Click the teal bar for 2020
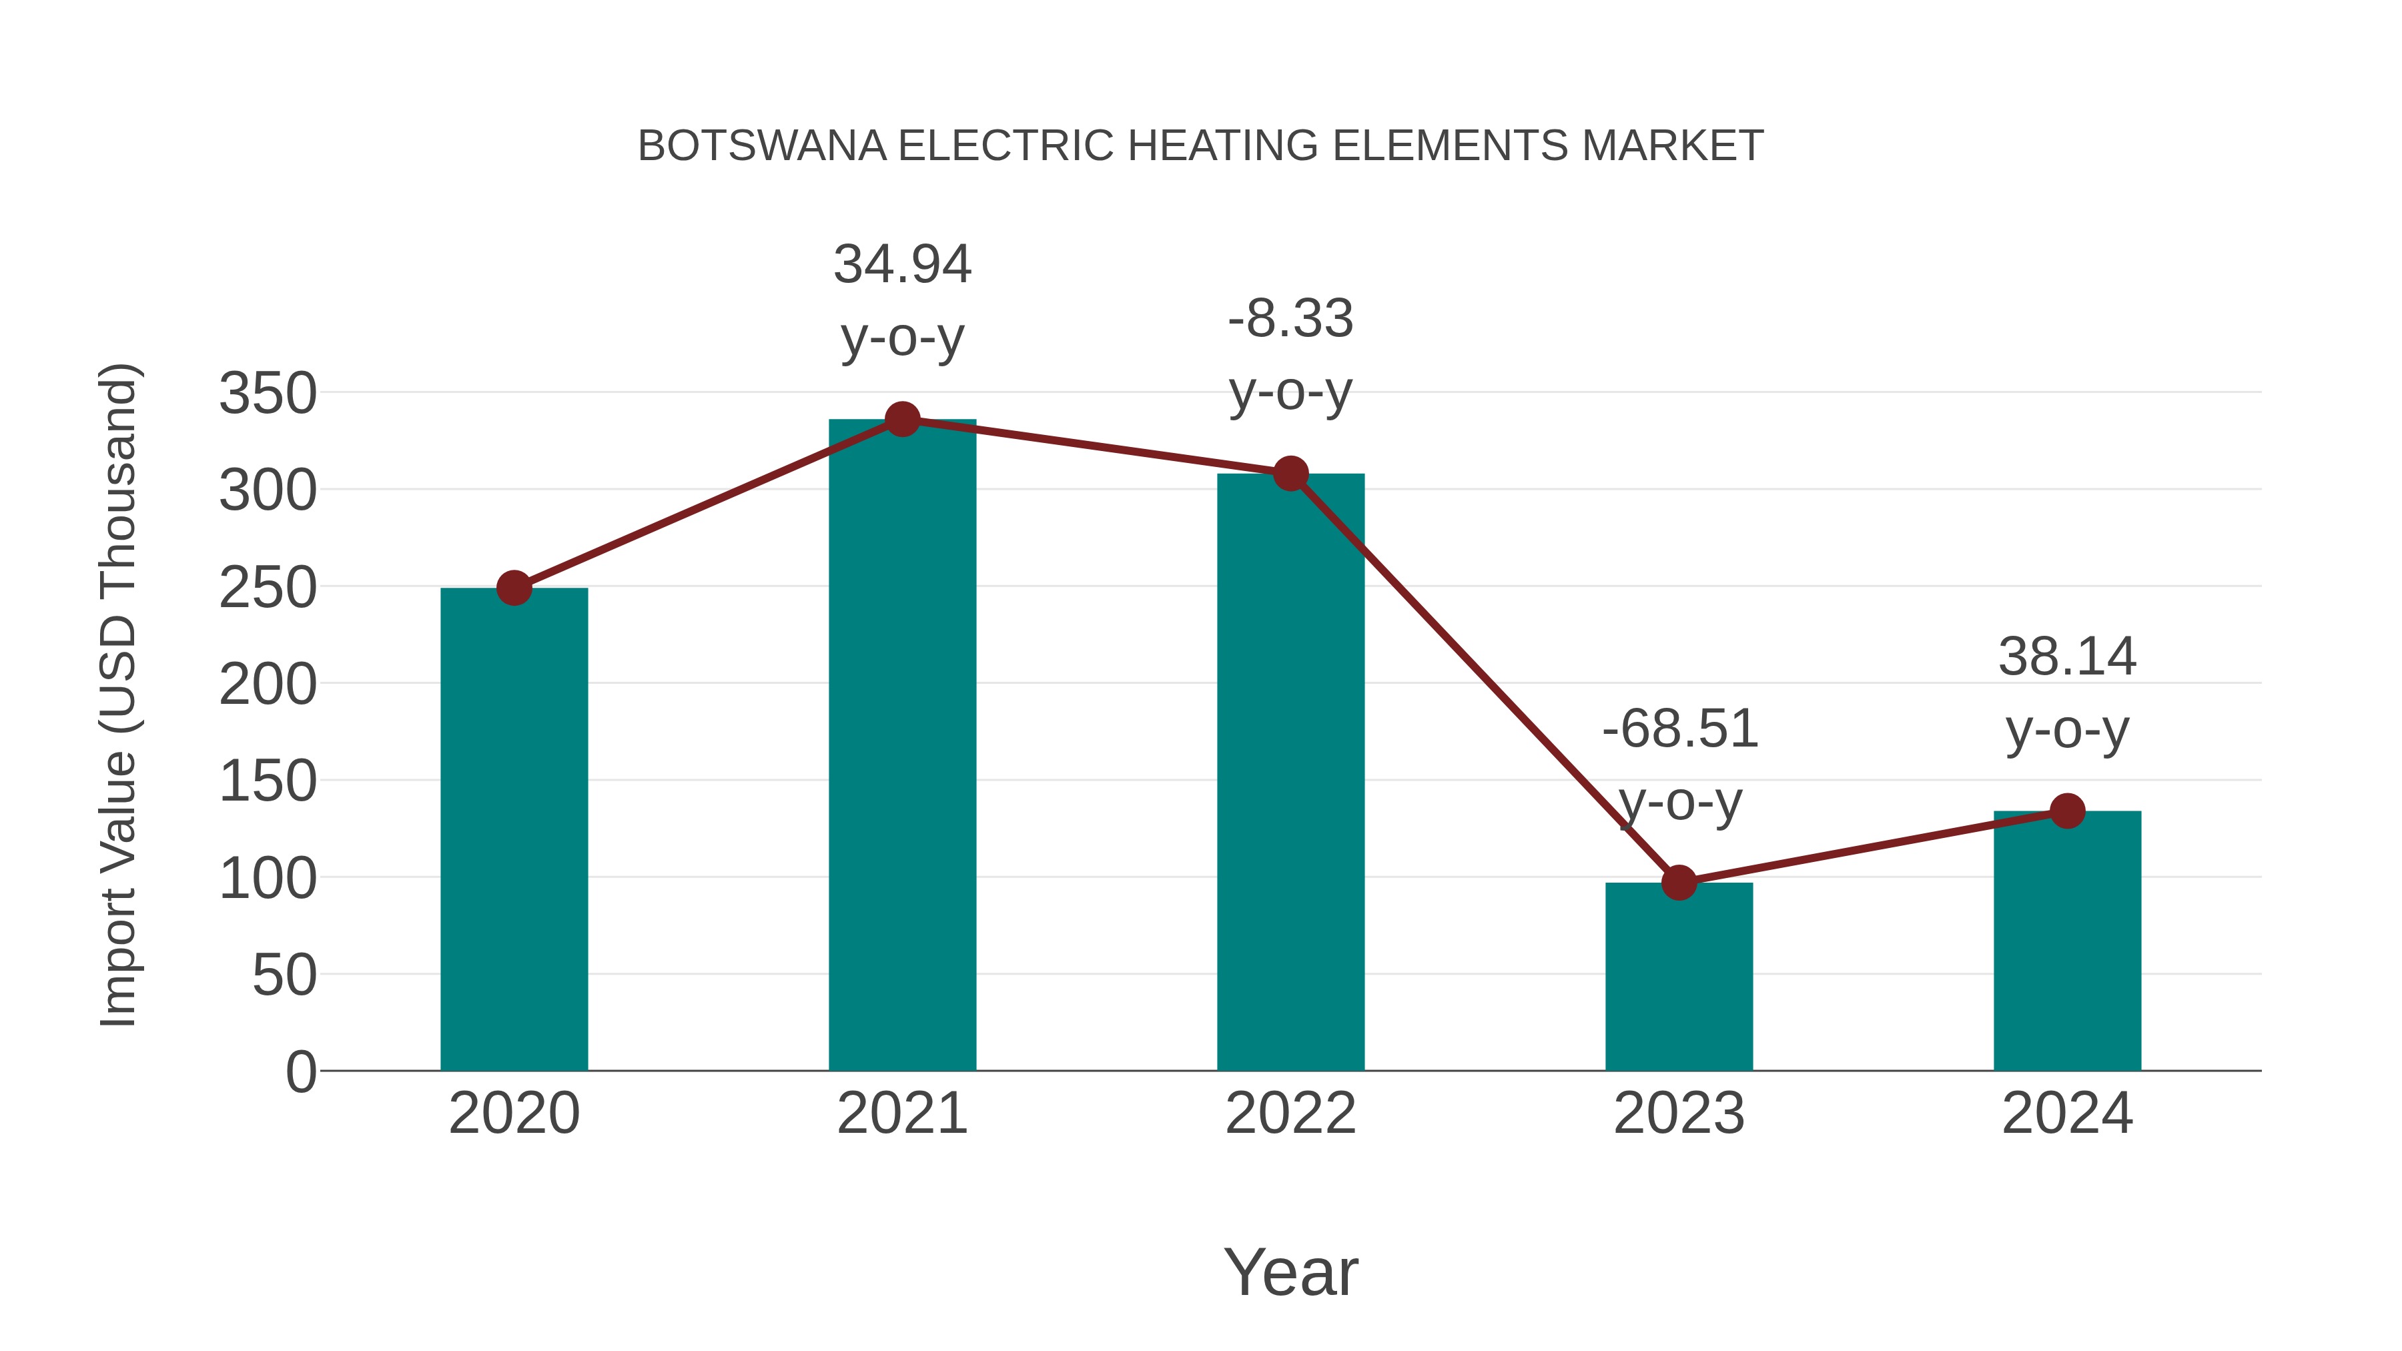pyautogui.click(x=514, y=830)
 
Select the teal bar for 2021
pyautogui.click(x=901, y=746)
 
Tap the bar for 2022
pyautogui.click(x=1290, y=774)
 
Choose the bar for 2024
pyautogui.click(x=2067, y=941)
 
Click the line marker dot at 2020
pyautogui.click(x=514, y=588)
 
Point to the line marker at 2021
pyautogui.click(x=901, y=420)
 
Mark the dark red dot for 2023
pyautogui.click(x=1679, y=882)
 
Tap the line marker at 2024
pyautogui.click(x=2067, y=811)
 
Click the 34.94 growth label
pyautogui.click(x=901, y=265)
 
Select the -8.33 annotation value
pyautogui.click(x=1290, y=319)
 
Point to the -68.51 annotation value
pyautogui.click(x=1679, y=729)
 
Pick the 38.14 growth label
pyautogui.click(x=2067, y=657)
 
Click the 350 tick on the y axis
pyautogui.click(x=268, y=394)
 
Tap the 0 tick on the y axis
pyautogui.click(x=300, y=1072)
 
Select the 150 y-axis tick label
pyautogui.click(x=268, y=781)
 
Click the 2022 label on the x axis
pyautogui.click(x=1290, y=1113)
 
